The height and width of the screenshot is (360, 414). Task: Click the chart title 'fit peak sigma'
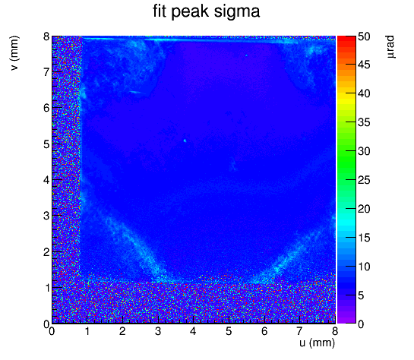coord(206,12)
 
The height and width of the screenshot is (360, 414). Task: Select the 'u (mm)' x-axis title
coord(317,343)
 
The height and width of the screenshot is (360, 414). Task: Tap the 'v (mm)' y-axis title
coord(14,53)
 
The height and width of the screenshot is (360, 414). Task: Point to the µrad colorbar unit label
coord(390,47)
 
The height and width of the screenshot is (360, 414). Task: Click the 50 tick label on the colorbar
coord(364,36)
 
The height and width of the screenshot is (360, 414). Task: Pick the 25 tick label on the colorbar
coord(364,180)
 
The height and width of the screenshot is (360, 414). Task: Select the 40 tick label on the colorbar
coord(364,93)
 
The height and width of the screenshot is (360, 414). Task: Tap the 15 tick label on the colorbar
coord(364,238)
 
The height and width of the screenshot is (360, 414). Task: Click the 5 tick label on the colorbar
coord(361,295)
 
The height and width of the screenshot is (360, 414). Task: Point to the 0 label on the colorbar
coord(361,324)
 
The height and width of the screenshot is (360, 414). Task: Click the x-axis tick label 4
coord(194,331)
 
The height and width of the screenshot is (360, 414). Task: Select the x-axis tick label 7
coord(299,331)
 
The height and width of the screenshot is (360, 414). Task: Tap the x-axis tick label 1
coord(87,331)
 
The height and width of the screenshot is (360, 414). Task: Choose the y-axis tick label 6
coord(47,108)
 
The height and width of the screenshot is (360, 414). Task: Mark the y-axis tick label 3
coord(47,216)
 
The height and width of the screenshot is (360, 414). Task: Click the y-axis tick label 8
coord(47,36)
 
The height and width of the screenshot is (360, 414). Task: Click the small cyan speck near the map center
coord(185,141)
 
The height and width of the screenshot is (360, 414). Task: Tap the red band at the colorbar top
coord(346,39)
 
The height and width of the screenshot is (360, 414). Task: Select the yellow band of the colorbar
coord(346,96)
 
